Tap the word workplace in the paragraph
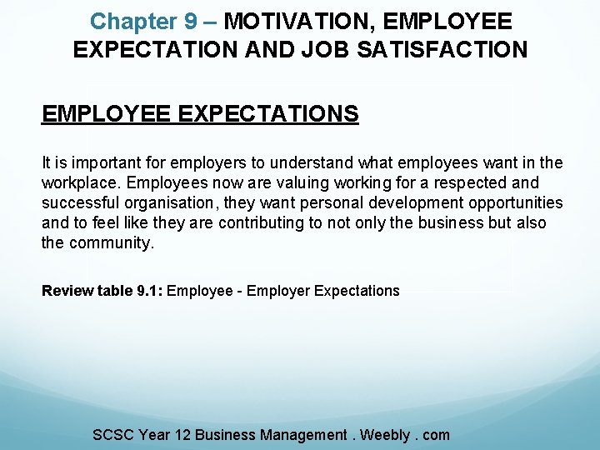80,182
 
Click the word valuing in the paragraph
267,182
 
